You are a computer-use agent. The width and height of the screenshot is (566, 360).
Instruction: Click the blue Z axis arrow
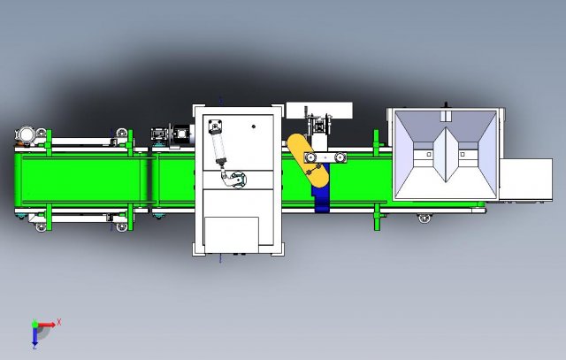pyautogui.click(x=35, y=337)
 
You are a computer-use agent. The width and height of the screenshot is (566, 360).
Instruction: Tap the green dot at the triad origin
pyautogui.click(x=35, y=325)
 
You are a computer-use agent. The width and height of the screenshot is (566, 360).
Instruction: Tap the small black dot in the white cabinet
pyautogui.click(x=253, y=126)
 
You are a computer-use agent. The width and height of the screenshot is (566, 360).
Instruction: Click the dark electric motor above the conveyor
pyautogui.click(x=184, y=134)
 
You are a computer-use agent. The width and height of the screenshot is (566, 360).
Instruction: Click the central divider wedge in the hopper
pyautogui.click(x=447, y=156)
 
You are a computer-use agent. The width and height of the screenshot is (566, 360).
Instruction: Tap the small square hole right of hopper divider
pyautogui.click(x=466, y=155)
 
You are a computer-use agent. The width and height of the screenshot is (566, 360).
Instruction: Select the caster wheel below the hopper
pyautogui.click(x=425, y=216)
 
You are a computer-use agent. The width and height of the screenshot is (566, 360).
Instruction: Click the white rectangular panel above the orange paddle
pyautogui.click(x=318, y=110)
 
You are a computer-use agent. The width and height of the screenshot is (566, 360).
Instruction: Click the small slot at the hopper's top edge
pyautogui.click(x=447, y=115)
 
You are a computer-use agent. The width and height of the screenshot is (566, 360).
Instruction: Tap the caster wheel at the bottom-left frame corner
pyautogui.click(x=41, y=229)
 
